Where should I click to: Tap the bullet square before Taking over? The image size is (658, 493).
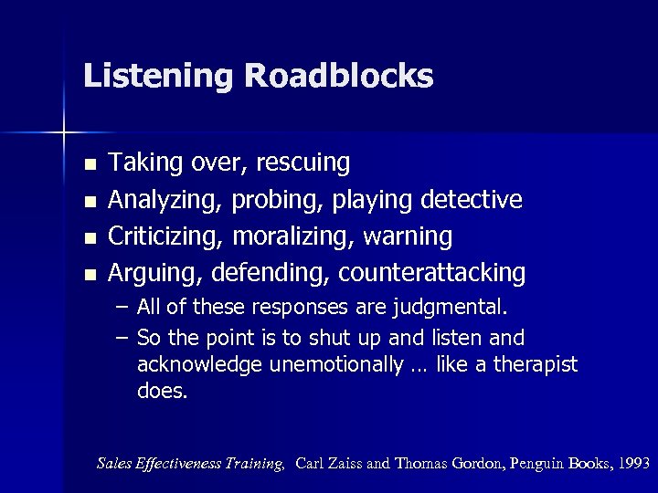pos(89,165)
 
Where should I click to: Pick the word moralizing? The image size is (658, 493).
pos(294,236)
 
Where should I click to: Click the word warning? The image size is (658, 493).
pos(408,236)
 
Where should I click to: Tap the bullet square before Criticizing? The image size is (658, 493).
pos(89,238)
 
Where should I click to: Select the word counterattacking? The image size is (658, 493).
pos(432,273)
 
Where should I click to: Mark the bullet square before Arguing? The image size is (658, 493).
pos(89,275)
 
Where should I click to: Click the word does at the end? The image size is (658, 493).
pos(162,392)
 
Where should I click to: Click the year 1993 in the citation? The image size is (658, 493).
pos(633,464)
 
